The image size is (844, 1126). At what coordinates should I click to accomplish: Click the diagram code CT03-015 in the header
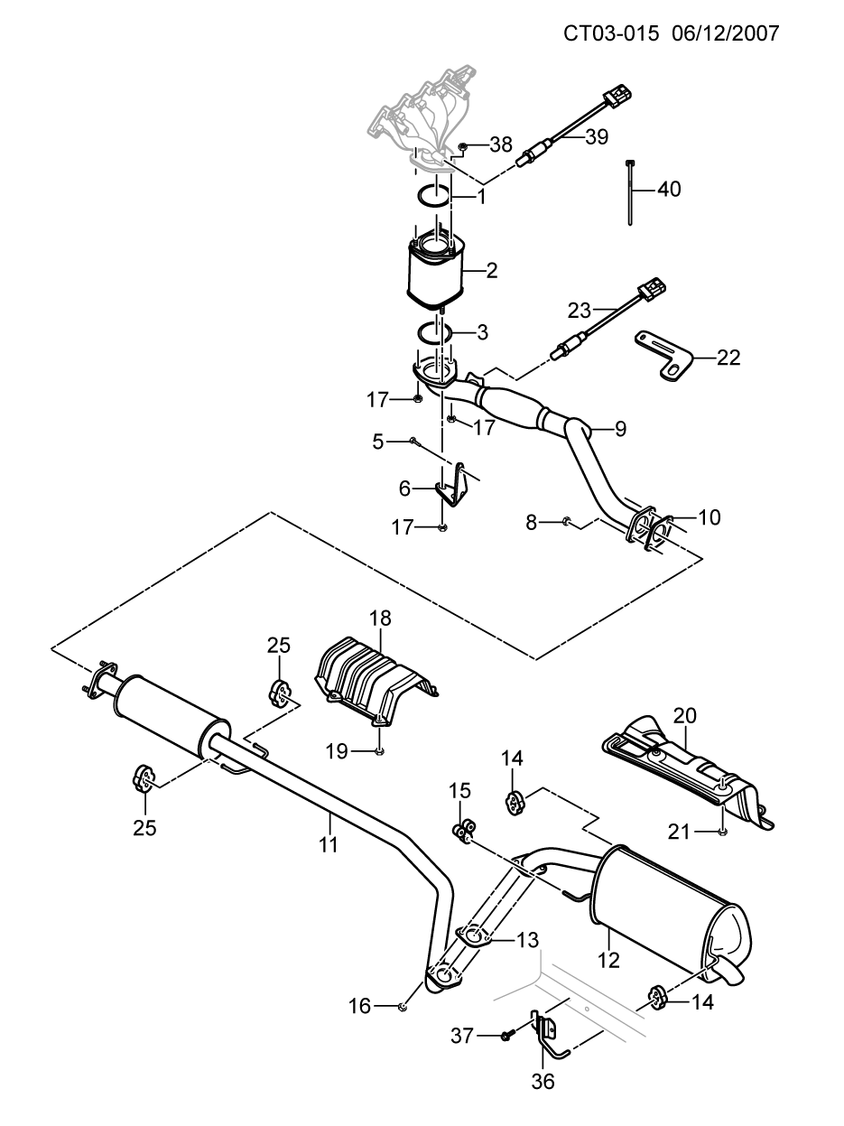tap(611, 33)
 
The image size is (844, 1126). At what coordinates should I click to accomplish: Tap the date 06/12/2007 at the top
tap(724, 33)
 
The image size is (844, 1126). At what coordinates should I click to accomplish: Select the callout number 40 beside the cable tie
tap(669, 190)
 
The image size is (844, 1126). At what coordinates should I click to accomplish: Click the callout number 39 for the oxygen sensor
tap(597, 137)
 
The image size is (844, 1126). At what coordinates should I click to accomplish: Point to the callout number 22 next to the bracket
tap(728, 358)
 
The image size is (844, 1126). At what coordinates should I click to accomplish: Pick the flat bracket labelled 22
tap(664, 356)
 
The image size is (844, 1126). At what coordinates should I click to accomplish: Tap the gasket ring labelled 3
tap(434, 333)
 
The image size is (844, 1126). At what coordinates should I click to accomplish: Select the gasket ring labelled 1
tap(435, 196)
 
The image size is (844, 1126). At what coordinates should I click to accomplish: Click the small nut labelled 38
tap(462, 148)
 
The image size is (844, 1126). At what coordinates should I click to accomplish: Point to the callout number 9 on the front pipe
tap(620, 429)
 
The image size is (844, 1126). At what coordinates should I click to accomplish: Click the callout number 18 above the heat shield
tap(380, 619)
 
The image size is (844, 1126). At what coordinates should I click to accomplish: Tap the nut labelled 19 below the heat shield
tap(379, 752)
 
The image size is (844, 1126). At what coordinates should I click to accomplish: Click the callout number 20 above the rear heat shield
tap(684, 716)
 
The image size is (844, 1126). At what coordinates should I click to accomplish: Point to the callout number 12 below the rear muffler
tap(609, 961)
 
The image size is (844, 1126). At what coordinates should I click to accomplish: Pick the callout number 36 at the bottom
tap(543, 1082)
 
